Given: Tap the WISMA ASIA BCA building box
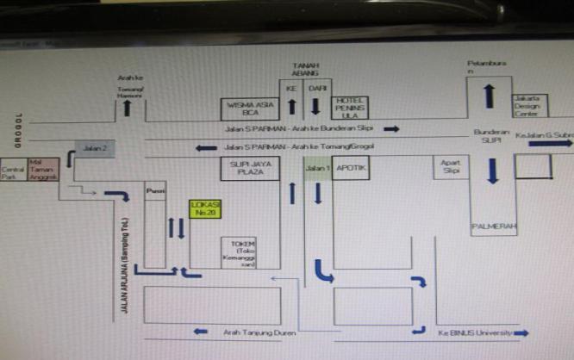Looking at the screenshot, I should tap(250, 107).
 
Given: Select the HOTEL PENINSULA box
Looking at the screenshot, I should tap(351, 107).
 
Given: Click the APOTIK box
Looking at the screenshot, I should tap(352, 169).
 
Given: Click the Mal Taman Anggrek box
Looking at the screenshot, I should tap(43, 168).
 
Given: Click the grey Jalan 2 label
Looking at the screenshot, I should tap(94, 148).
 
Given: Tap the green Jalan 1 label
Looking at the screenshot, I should tap(317, 168).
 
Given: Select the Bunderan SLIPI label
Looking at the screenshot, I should tap(491, 135).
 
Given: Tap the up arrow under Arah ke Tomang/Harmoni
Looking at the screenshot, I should tap(128, 107).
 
